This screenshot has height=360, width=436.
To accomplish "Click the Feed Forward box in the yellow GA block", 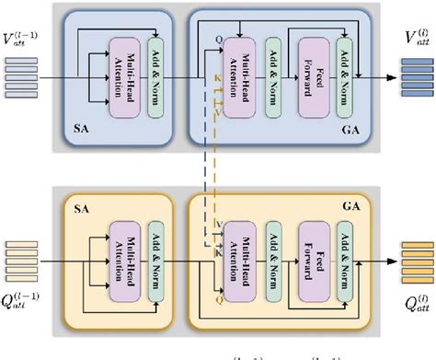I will (x=311, y=251).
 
